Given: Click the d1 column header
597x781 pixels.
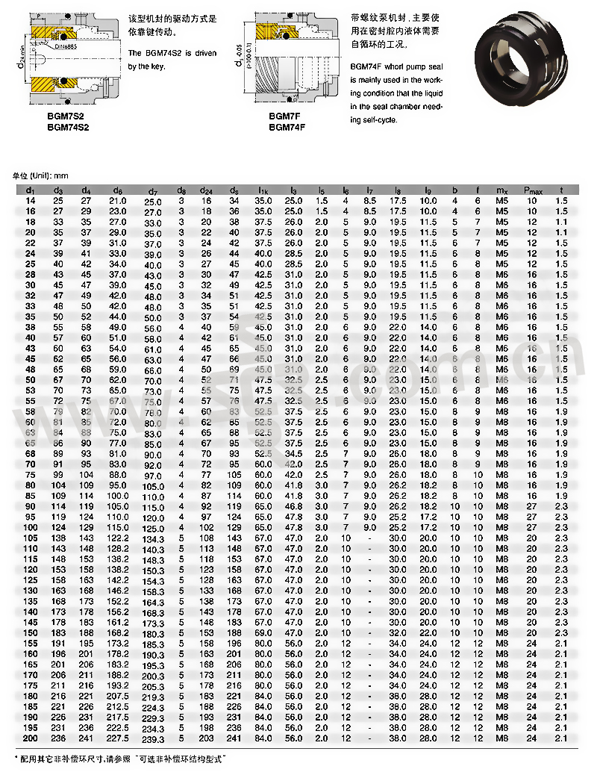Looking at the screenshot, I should point(30,191).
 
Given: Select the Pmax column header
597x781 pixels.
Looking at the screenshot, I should point(532,191).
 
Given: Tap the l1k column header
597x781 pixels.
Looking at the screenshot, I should point(263,191).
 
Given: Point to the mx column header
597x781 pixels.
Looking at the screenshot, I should point(501,191).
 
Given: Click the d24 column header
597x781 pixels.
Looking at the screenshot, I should point(207,191).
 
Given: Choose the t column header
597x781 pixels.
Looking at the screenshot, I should point(561,191).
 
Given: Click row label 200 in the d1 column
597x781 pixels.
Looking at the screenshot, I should point(30,738).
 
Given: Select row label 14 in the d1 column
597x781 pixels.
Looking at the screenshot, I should point(30,202).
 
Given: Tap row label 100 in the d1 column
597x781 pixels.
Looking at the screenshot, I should point(30,528).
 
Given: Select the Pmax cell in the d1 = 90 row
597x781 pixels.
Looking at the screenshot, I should point(532,507).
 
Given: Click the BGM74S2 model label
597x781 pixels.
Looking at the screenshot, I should point(68,128).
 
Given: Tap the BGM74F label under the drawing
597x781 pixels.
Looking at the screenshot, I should point(288,127).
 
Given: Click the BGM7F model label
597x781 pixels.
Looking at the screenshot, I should point(285,117).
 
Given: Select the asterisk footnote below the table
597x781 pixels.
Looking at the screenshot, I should point(120,759).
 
